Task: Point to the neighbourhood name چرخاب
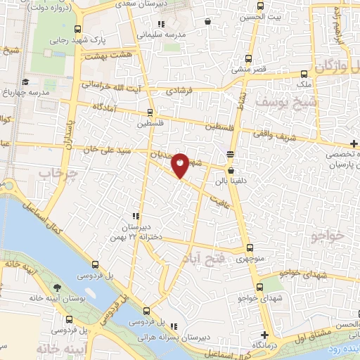pyautogui.click(x=56, y=172)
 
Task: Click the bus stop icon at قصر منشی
pyautogui.click(x=247, y=60)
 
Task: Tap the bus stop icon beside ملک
pyautogui.click(x=304, y=74)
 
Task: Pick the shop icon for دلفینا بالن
pyautogui.click(x=231, y=170)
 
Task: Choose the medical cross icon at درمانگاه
pyautogui.click(x=264, y=335)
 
